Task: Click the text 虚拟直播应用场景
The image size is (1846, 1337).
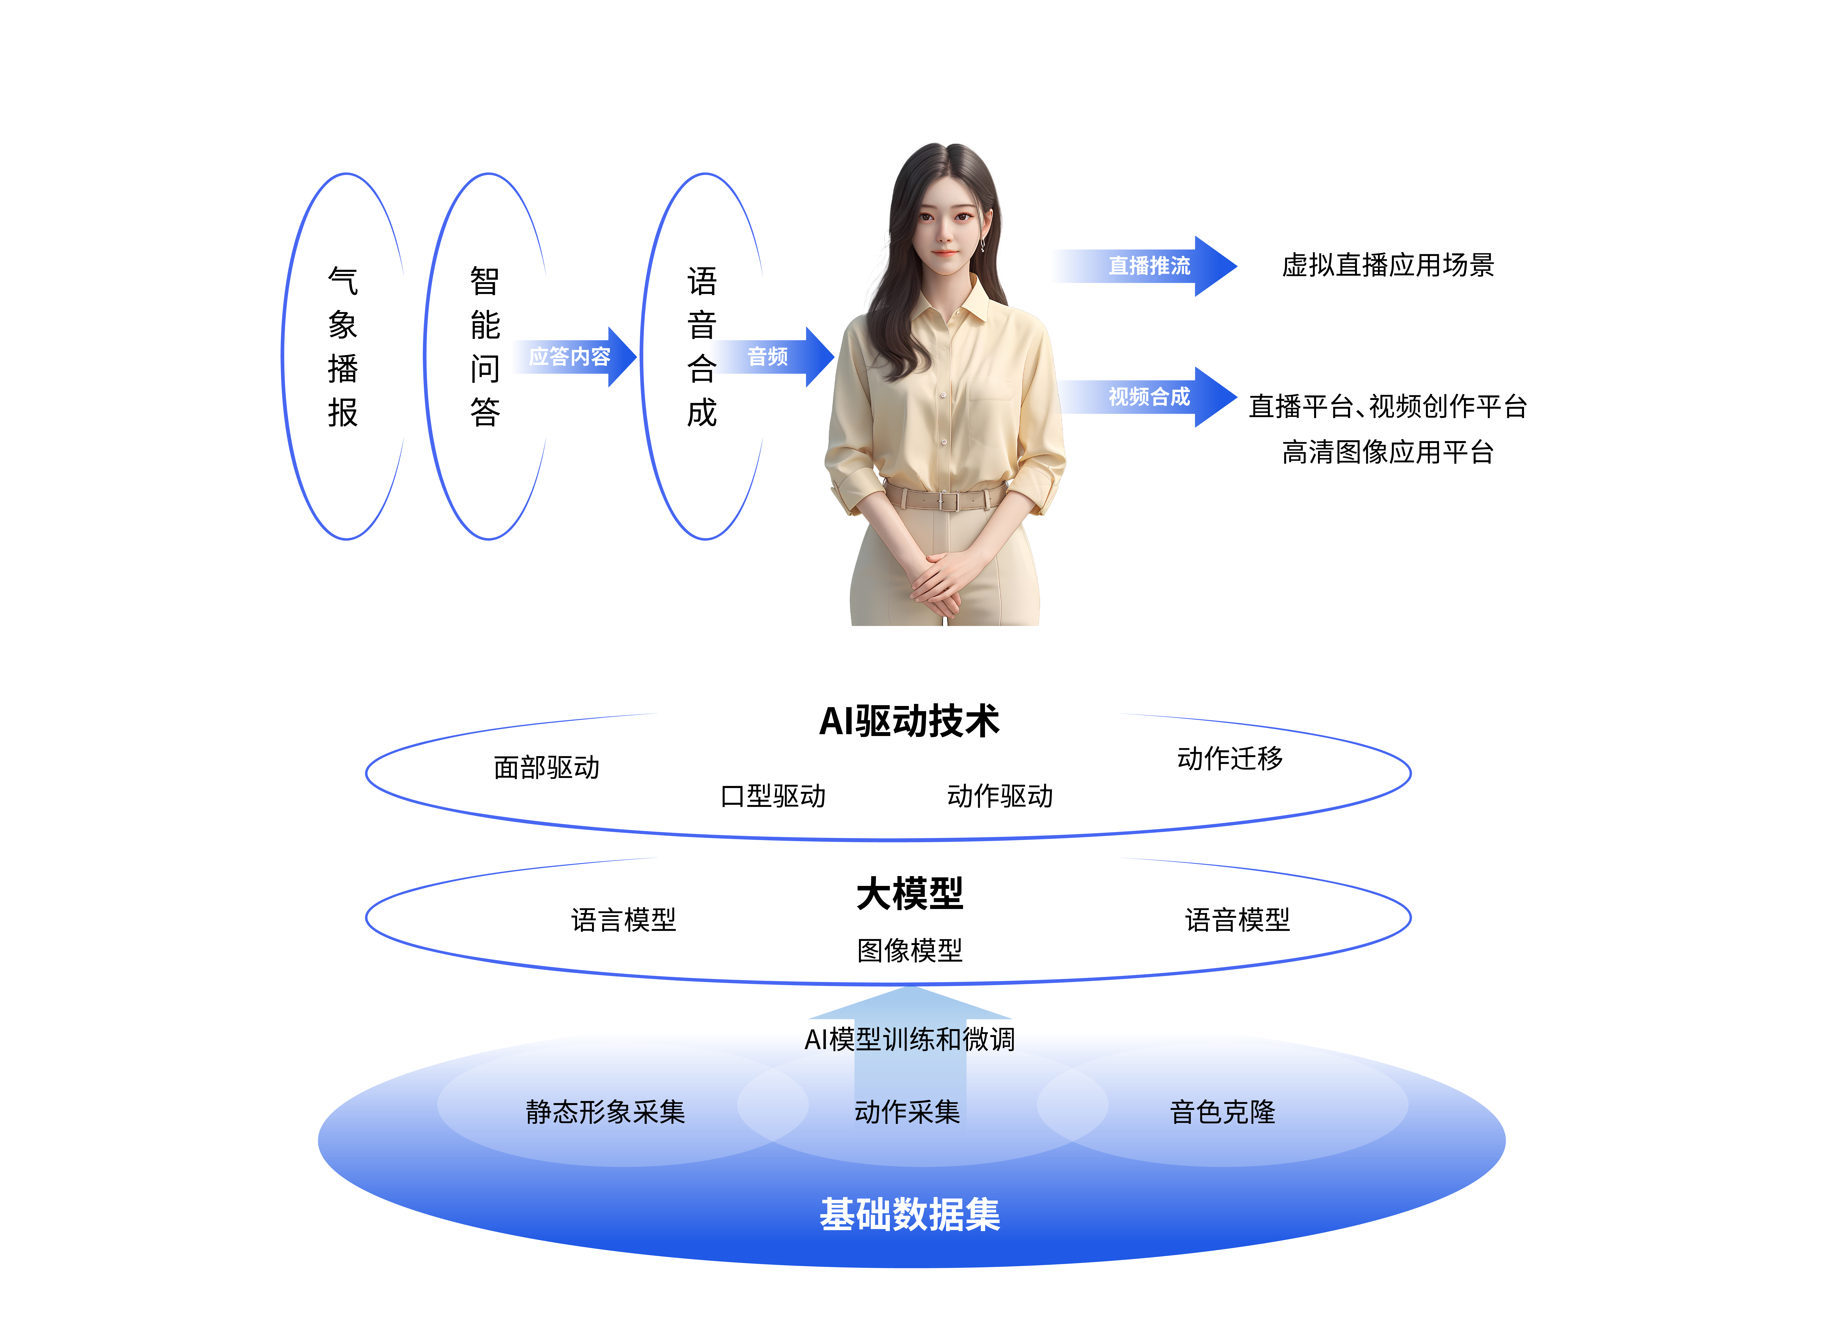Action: click(1388, 265)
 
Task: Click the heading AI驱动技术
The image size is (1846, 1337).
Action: click(909, 721)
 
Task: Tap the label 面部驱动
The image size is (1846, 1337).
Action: click(546, 768)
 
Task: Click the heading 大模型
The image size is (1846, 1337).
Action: click(910, 894)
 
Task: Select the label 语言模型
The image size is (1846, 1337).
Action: click(624, 920)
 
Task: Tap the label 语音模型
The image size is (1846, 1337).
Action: click(1237, 920)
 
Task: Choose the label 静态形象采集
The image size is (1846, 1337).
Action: click(605, 1112)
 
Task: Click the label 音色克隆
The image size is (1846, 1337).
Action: click(1222, 1112)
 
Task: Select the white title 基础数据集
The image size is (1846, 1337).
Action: click(910, 1215)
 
